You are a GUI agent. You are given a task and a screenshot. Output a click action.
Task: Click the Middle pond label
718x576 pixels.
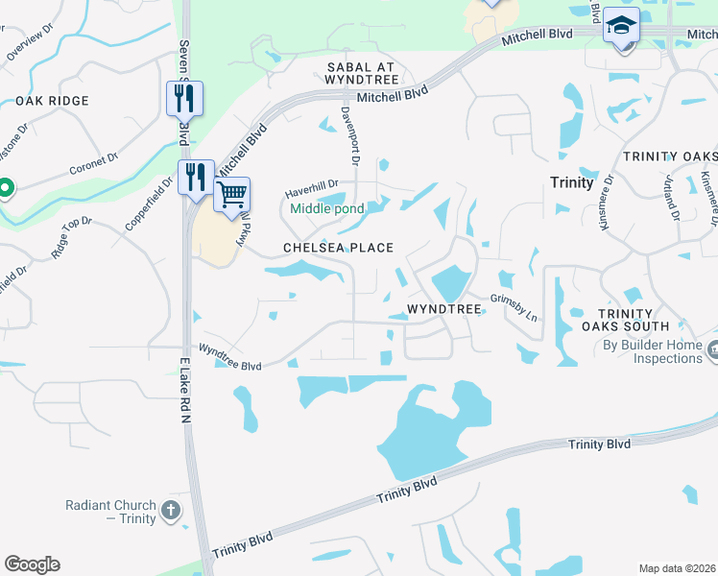point(327,208)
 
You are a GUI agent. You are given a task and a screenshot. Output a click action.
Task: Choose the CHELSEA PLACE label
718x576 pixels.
point(338,248)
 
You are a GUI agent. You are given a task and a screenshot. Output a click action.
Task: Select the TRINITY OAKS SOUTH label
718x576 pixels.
point(625,320)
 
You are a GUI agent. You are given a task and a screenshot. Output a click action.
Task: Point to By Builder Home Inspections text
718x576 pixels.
point(654,351)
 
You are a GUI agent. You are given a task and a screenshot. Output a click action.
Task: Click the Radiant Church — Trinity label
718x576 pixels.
point(110,512)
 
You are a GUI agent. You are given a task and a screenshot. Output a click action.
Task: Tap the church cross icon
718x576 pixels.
point(171,511)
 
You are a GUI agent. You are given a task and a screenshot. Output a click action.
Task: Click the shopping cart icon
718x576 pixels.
point(231,194)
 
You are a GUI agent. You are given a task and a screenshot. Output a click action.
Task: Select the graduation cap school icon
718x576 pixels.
point(621,27)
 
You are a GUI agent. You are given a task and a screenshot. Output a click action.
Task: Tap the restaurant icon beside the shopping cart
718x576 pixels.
point(197,177)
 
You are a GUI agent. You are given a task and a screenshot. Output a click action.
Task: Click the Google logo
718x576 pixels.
point(32,564)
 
